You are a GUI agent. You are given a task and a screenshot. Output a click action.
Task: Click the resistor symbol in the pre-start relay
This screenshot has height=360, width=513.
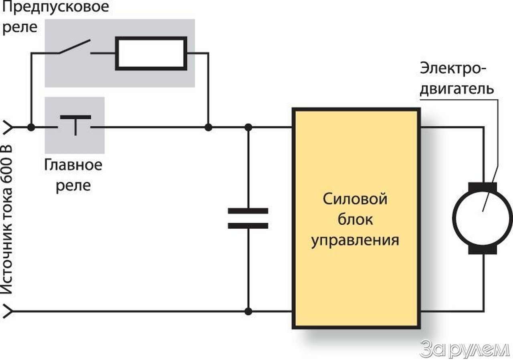tap(151, 53)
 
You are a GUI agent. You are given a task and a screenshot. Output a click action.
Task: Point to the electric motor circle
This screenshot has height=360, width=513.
tap(482, 218)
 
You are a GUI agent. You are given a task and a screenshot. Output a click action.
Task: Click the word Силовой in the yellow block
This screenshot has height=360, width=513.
tap(355, 199)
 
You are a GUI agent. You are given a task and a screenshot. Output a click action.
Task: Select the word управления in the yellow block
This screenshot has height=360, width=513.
tap(355, 240)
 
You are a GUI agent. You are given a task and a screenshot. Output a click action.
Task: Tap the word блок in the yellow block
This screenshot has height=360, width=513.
tap(355, 220)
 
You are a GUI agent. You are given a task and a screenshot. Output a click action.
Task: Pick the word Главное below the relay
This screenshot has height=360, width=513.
tap(73, 165)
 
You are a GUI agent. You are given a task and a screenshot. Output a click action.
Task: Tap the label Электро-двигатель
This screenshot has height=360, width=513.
tap(456, 78)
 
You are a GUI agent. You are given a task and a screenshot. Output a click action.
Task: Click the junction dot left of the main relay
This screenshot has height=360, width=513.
tap(30, 127)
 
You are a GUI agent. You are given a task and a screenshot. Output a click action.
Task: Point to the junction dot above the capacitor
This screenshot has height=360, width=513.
tap(248, 127)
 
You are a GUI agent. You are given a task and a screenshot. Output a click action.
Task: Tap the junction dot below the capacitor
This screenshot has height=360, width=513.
tap(248, 311)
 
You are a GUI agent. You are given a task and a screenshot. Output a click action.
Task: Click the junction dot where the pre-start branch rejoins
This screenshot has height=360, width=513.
tap(208, 127)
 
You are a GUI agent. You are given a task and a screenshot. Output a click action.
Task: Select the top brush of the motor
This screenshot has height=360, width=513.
tap(482, 187)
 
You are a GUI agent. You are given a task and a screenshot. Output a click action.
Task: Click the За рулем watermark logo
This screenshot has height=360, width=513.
tap(465, 349)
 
